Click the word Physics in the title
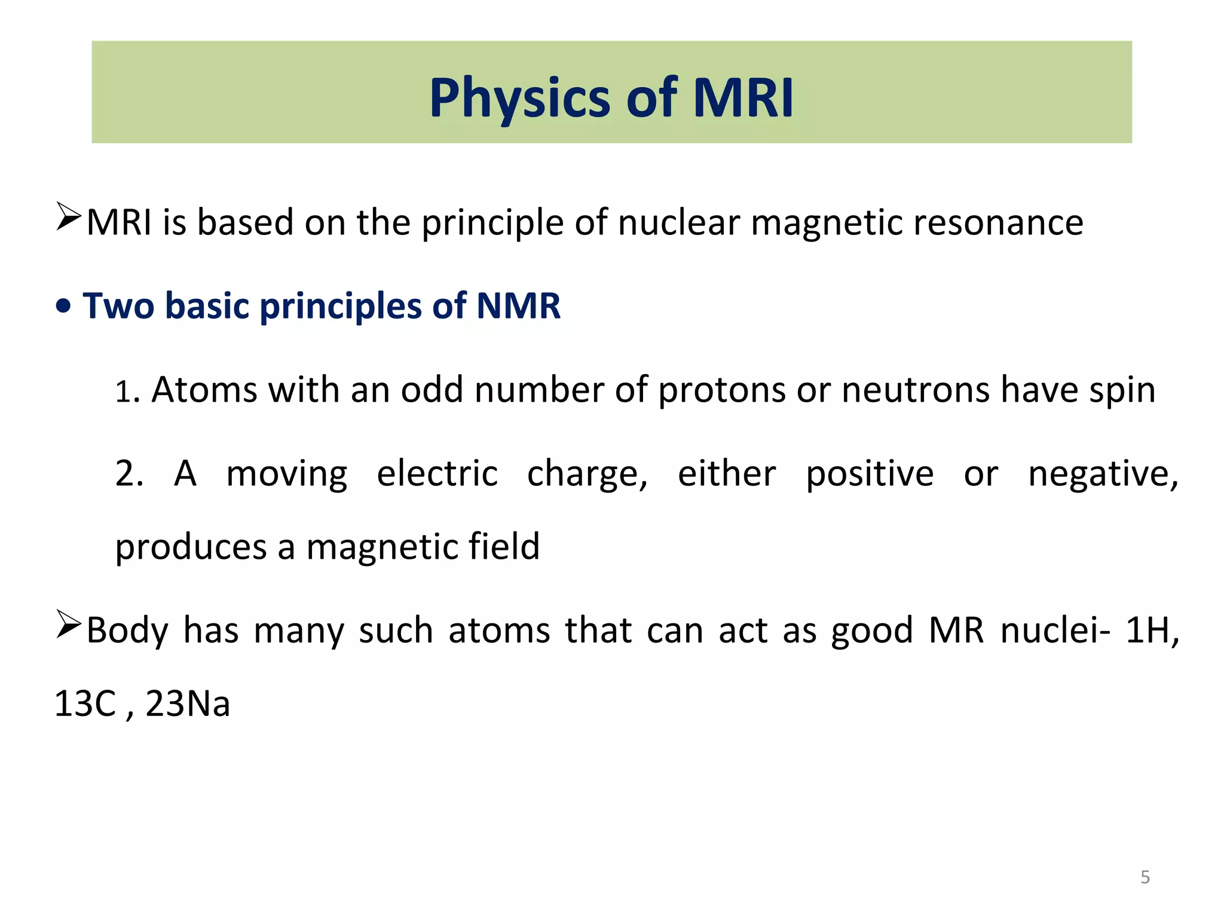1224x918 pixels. pos(519,99)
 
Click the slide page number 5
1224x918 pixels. pos(1145,877)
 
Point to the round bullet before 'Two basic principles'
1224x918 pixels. pos(63,307)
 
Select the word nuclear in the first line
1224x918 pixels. pos(678,223)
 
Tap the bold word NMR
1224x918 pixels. pos(518,306)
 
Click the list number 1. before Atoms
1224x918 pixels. pos(127,392)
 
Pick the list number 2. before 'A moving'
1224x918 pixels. pos(129,474)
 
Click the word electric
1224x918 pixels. pos(437,474)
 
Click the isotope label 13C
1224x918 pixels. pos(85,703)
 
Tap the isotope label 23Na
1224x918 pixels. pos(188,703)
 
